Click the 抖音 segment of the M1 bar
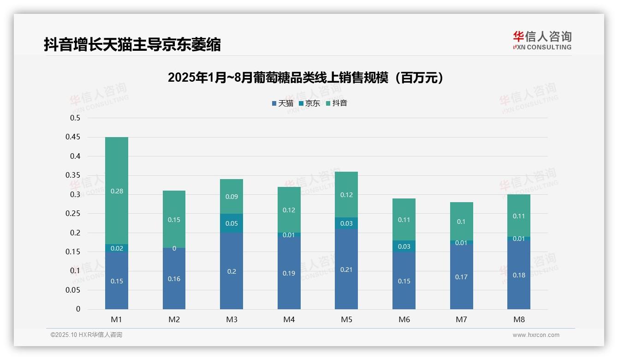pos(117,190)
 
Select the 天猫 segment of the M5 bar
pos(346,269)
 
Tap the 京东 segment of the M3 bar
pos(232,223)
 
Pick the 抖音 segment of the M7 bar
pos(461,221)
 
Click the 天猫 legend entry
pos(283,103)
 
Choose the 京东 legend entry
pos(309,103)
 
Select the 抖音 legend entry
pos(337,103)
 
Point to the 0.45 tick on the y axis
pos(75,137)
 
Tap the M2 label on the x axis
pos(174,319)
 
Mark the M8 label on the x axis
pos(519,319)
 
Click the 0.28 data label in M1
pos(117,191)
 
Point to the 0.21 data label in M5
pos(346,270)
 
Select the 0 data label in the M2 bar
pos(174,248)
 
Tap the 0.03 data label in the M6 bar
pos(404,246)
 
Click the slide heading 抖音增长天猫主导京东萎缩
pos(132,45)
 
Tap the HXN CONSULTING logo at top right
pos(542,41)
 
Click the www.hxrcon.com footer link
pos(536,335)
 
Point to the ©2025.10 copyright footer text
pos(86,335)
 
